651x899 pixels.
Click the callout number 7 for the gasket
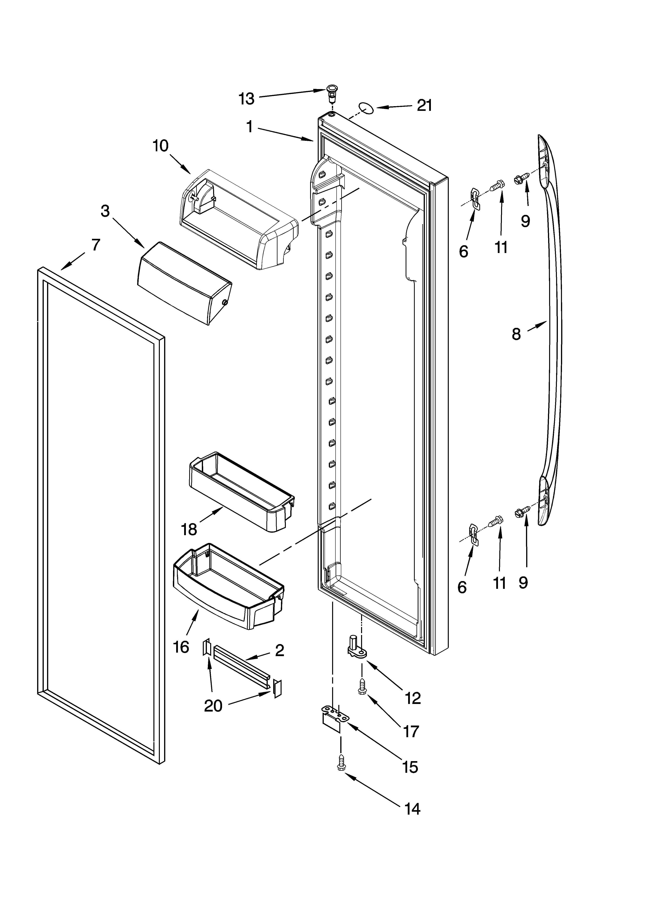(x=95, y=245)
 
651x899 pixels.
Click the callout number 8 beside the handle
(x=516, y=334)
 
